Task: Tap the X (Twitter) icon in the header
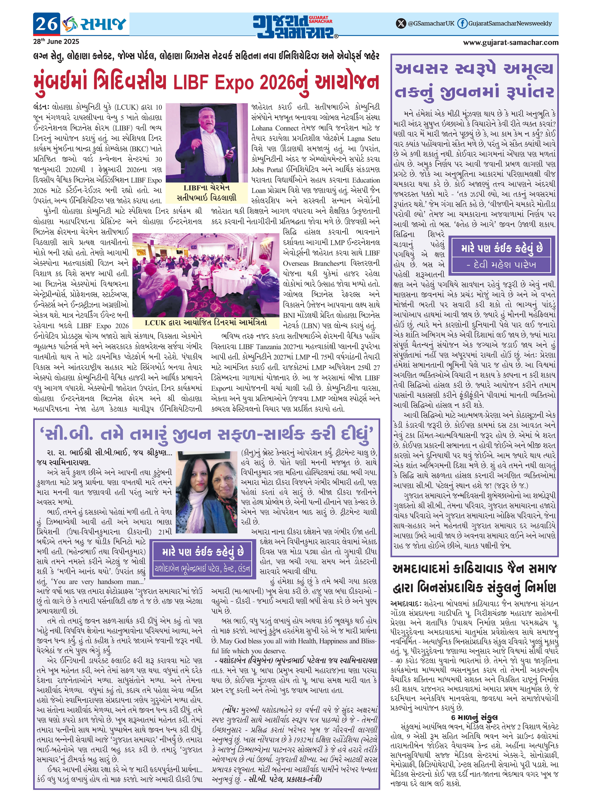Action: (x=401, y=24)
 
